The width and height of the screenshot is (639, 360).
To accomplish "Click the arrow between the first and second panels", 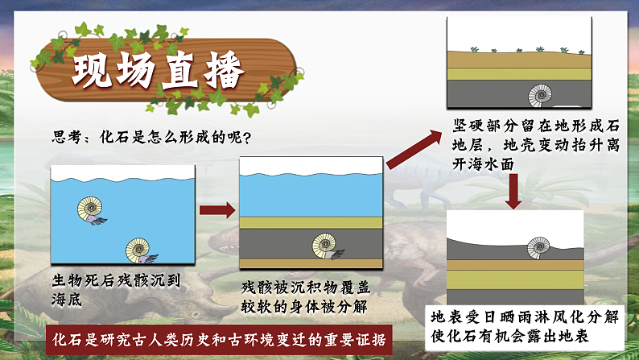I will point(216,211).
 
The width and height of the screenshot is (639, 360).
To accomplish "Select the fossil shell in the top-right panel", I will point(540,95).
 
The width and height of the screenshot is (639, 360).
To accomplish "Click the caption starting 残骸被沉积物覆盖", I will point(306,297).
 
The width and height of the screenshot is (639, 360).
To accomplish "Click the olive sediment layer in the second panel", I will point(310,222).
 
